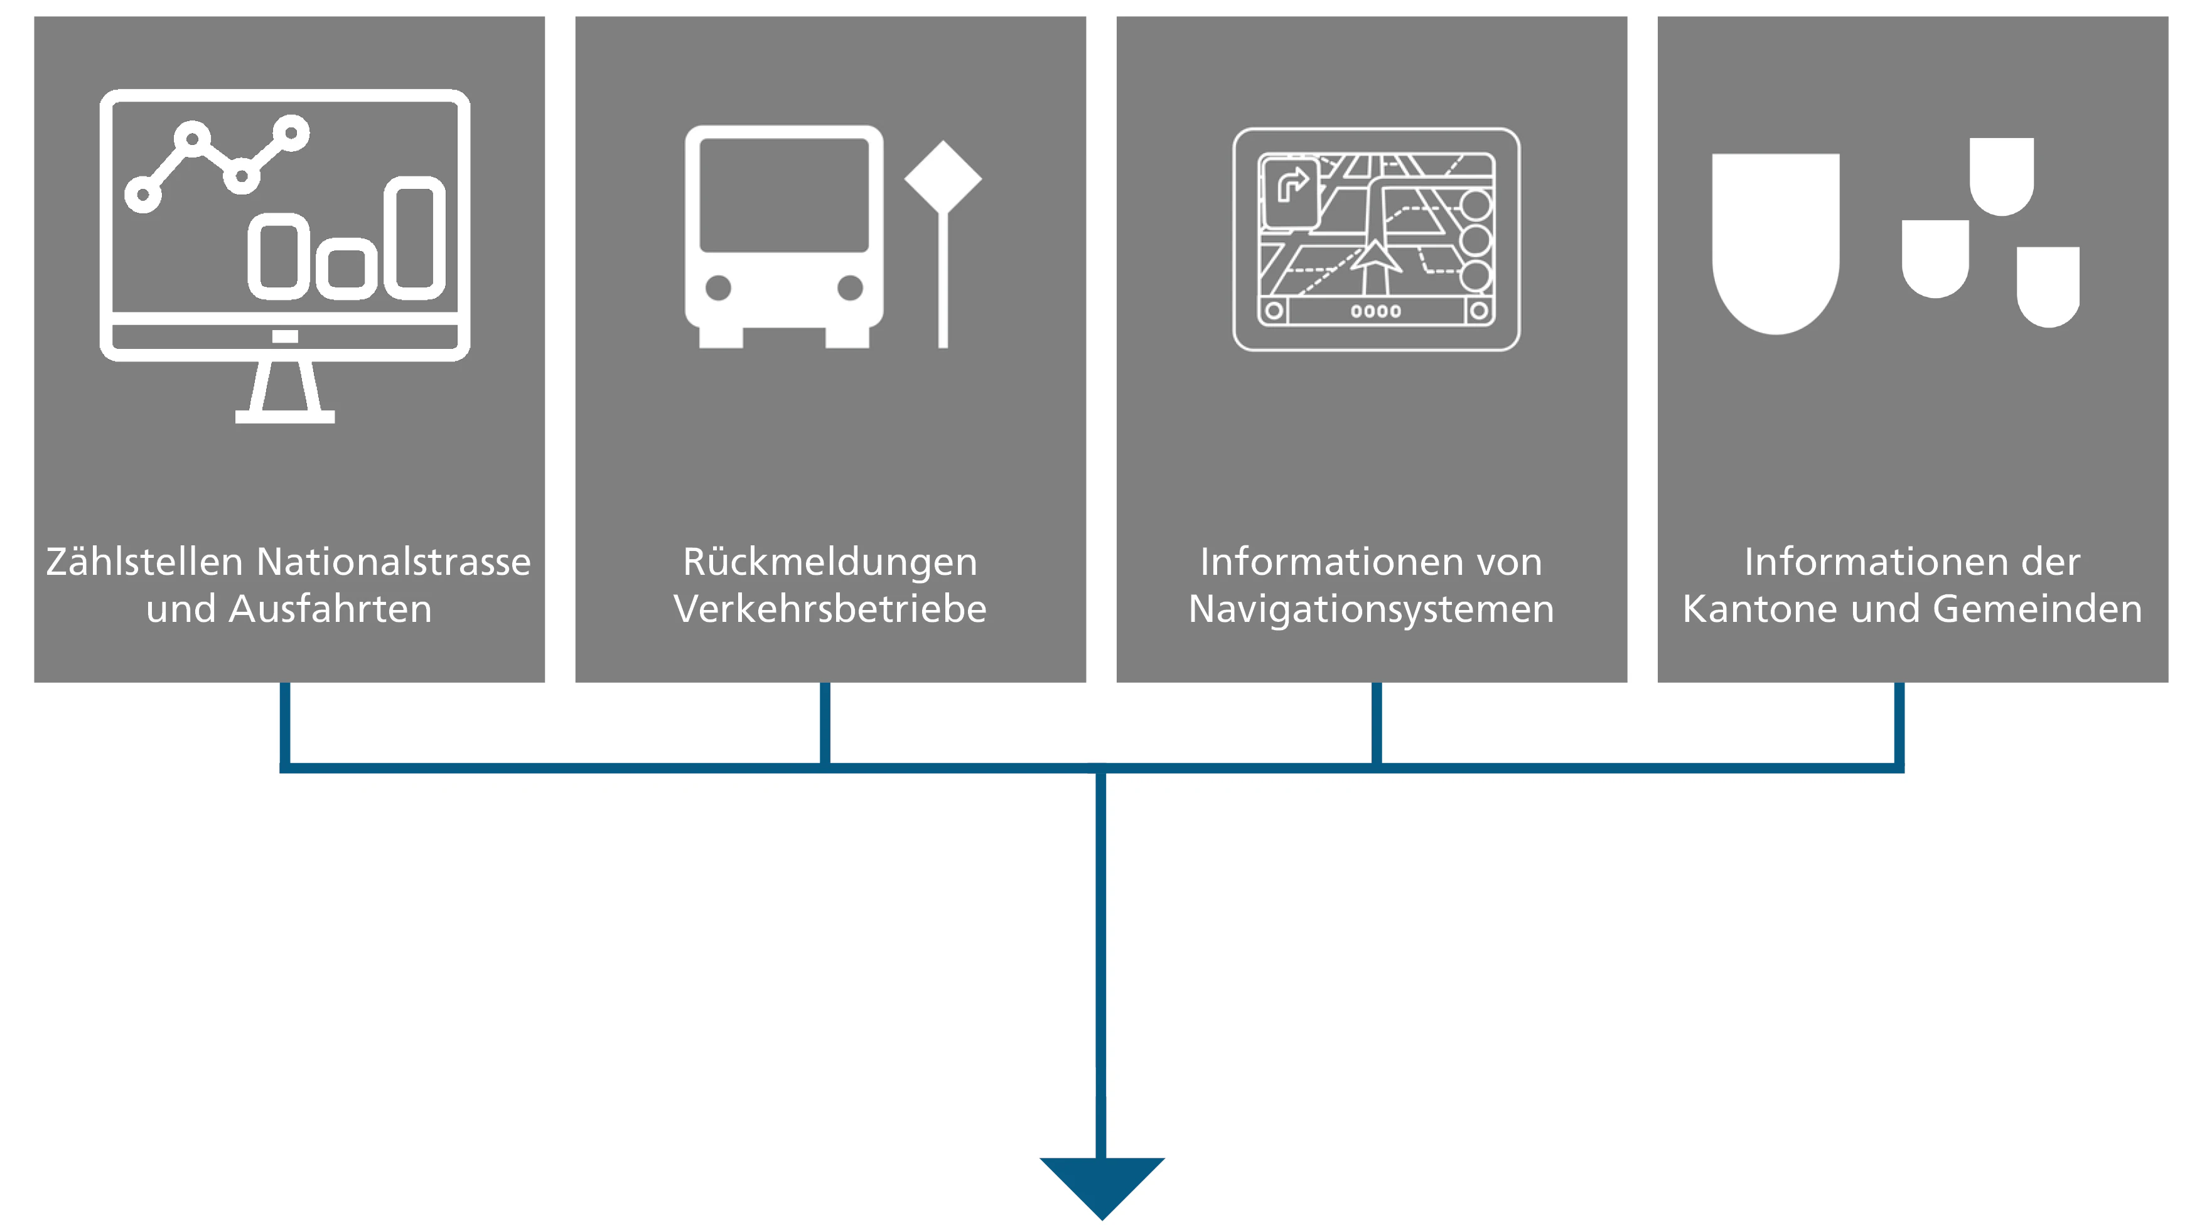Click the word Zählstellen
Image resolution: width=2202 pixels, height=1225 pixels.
[x=144, y=562]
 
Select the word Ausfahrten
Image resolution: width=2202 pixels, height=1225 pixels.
[x=330, y=609]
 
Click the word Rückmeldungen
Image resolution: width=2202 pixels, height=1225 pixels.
[x=829, y=562]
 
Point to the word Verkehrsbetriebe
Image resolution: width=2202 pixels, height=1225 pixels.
[x=829, y=609]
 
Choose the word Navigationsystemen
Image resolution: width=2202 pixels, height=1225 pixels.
[x=1371, y=609]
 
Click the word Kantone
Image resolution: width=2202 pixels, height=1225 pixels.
[x=1743, y=609]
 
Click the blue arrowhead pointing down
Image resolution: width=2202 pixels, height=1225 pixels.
[x=1102, y=1184]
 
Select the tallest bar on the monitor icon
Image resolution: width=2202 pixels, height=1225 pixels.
[x=414, y=238]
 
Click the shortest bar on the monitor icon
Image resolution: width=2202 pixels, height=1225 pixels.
[x=346, y=269]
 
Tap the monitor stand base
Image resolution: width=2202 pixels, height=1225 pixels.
[x=284, y=416]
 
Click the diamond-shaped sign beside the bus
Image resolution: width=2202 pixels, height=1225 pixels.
[x=943, y=178]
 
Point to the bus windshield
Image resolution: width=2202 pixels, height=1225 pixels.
[x=784, y=195]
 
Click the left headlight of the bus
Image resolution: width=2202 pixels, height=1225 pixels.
[x=718, y=288]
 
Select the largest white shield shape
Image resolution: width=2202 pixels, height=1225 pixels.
[x=1775, y=239]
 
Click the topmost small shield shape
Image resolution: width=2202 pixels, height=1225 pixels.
[x=2001, y=174]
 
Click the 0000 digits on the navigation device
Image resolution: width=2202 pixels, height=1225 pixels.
[x=1375, y=311]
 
